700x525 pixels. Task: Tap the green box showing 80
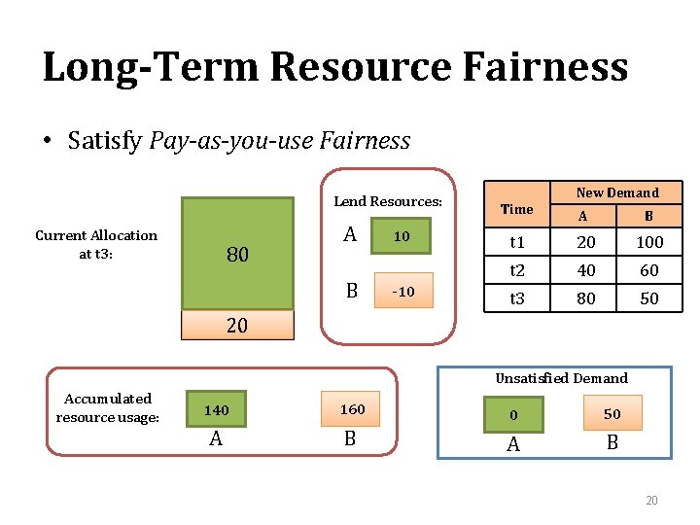[238, 254]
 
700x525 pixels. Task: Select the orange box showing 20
[238, 326]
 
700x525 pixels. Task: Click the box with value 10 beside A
[402, 236]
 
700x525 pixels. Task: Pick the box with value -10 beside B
[402, 292]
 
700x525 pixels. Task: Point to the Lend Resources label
[388, 201]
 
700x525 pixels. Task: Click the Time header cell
[516, 209]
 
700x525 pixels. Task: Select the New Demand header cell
[617, 192]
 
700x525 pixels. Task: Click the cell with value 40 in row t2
[585, 270]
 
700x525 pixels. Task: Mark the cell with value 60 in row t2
[648, 270]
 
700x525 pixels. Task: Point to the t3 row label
[517, 298]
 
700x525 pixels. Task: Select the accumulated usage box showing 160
[352, 409]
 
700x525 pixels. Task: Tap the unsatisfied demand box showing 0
[514, 414]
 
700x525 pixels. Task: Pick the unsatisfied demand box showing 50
[612, 414]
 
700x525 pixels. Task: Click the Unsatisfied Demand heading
[561, 378]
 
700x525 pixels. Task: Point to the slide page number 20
[651, 501]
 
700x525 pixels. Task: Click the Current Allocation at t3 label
[95, 243]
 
